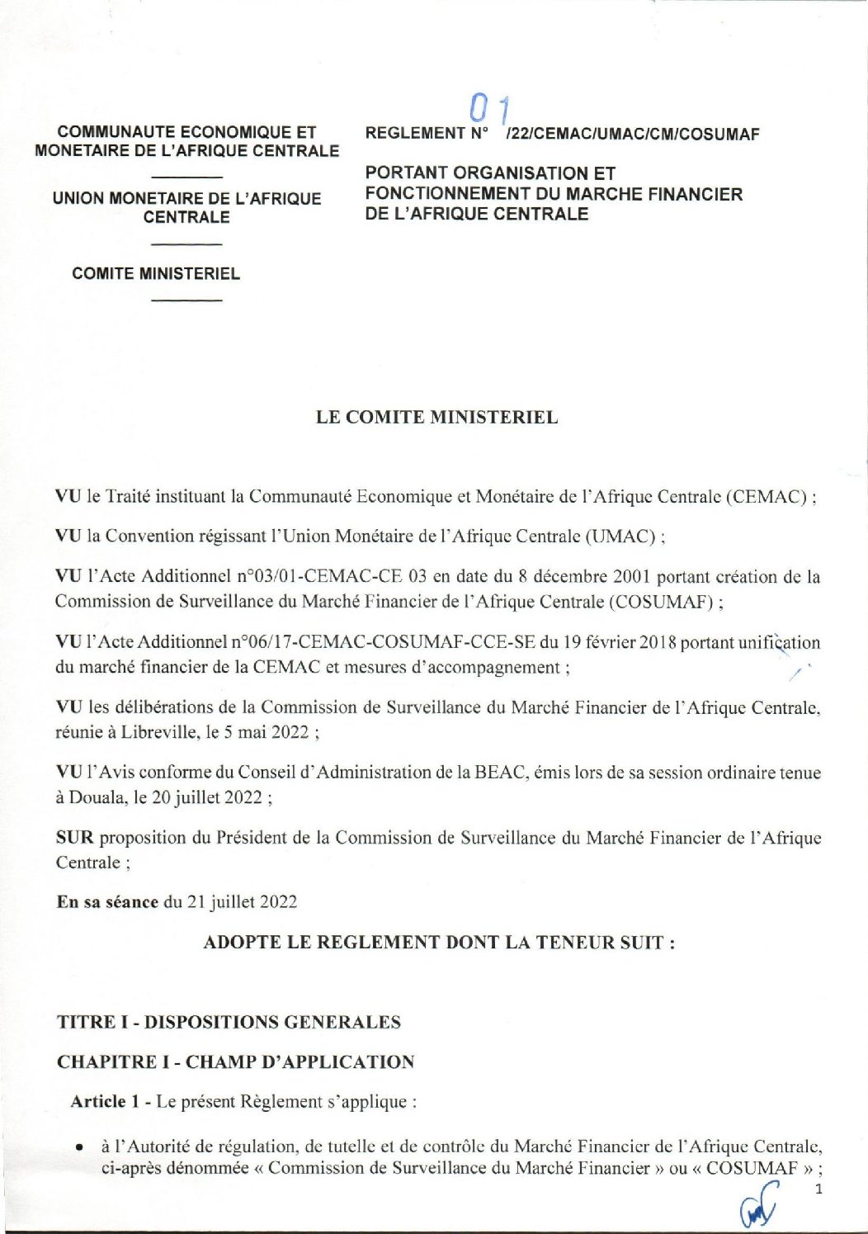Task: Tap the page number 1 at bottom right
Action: click(818, 1189)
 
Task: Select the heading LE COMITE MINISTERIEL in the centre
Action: click(436, 417)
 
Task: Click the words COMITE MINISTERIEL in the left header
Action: click(156, 273)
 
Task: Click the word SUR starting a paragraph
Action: click(74, 838)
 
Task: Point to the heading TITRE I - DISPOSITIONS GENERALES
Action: click(229, 1022)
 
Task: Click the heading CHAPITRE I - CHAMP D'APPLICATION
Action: click(235, 1061)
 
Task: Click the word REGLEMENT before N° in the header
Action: click(416, 134)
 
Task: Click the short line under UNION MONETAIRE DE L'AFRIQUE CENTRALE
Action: click(187, 244)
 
